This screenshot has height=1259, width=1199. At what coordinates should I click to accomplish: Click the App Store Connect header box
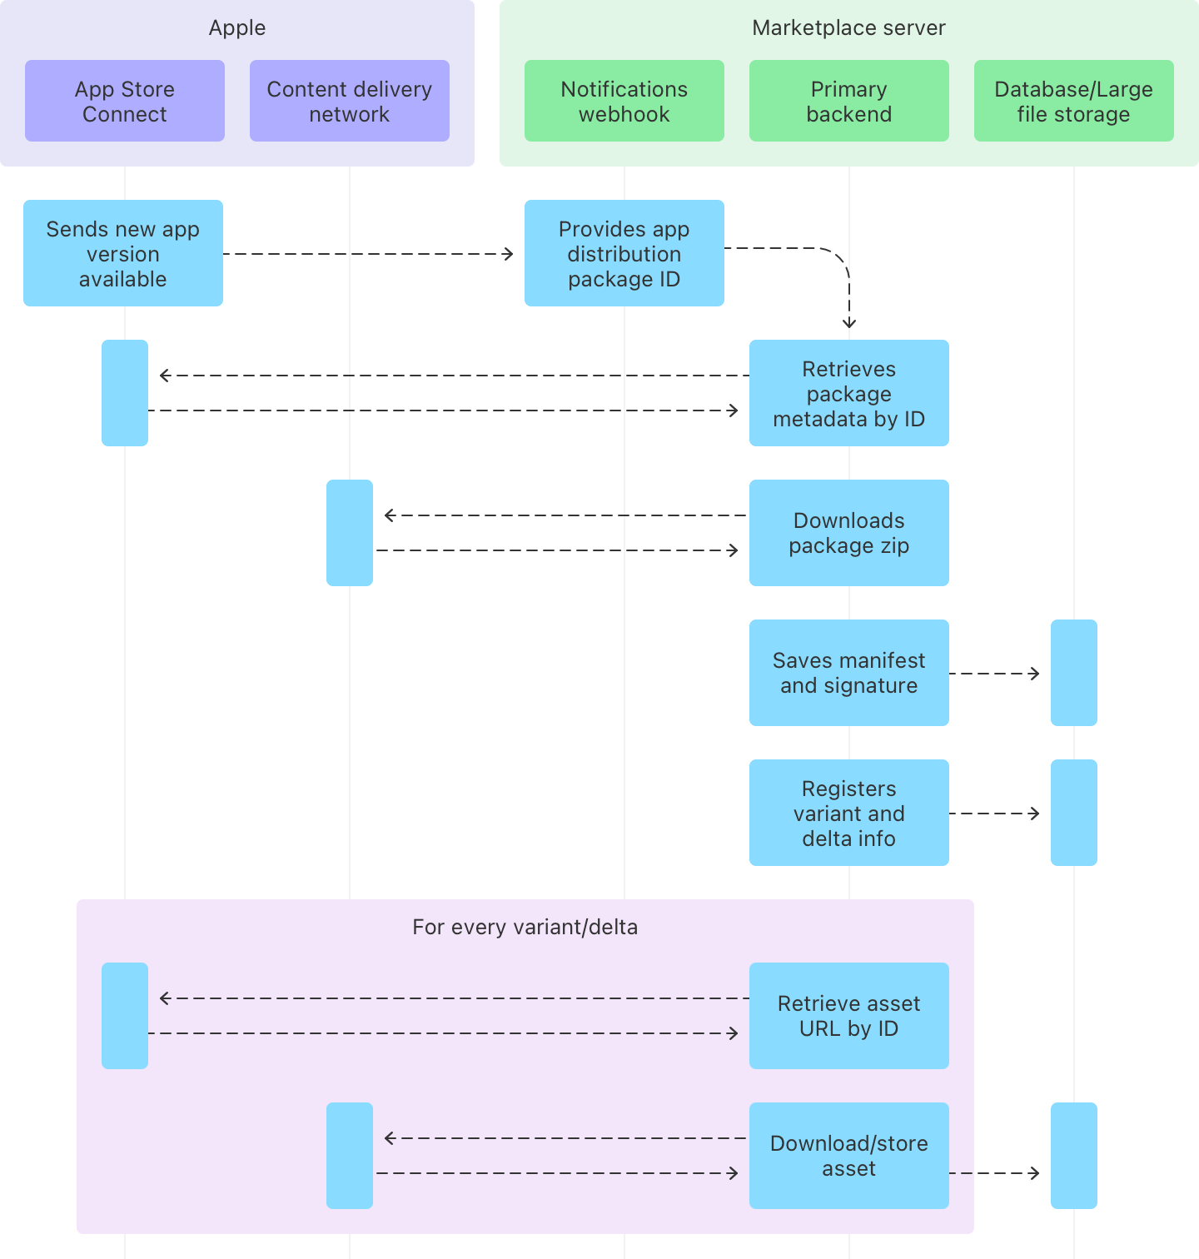[125, 101]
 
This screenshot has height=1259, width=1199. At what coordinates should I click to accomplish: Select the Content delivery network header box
[350, 101]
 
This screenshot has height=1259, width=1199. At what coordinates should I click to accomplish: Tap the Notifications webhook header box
[624, 101]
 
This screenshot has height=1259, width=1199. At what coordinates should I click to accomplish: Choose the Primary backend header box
[849, 101]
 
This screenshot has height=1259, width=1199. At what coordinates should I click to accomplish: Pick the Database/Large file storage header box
[1074, 101]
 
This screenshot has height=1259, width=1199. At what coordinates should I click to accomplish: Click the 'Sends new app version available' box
[123, 253]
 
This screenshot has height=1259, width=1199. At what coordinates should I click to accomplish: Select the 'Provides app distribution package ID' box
[624, 253]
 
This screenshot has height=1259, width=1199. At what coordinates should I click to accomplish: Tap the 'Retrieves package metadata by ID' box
[849, 393]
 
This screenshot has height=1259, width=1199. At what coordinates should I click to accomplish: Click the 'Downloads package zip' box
[849, 533]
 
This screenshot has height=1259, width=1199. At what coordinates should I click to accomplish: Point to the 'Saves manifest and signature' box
[849, 673]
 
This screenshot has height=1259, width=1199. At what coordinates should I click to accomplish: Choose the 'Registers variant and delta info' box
[849, 813]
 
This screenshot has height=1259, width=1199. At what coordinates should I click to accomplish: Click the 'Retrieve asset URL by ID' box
[849, 1016]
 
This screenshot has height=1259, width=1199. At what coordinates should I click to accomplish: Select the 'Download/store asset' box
[849, 1156]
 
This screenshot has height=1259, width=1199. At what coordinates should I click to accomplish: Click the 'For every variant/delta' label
[525, 927]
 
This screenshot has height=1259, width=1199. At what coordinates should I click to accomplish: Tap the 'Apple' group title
[237, 27]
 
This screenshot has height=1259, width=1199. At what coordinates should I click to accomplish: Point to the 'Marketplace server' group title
[848, 27]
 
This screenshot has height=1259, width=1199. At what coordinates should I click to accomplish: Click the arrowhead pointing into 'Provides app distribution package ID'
[509, 254]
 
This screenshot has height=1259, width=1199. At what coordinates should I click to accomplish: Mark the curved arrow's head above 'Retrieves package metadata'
[849, 325]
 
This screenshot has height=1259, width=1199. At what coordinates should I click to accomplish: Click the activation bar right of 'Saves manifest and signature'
[1074, 673]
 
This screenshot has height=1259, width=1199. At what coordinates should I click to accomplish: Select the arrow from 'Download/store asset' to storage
[995, 1173]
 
